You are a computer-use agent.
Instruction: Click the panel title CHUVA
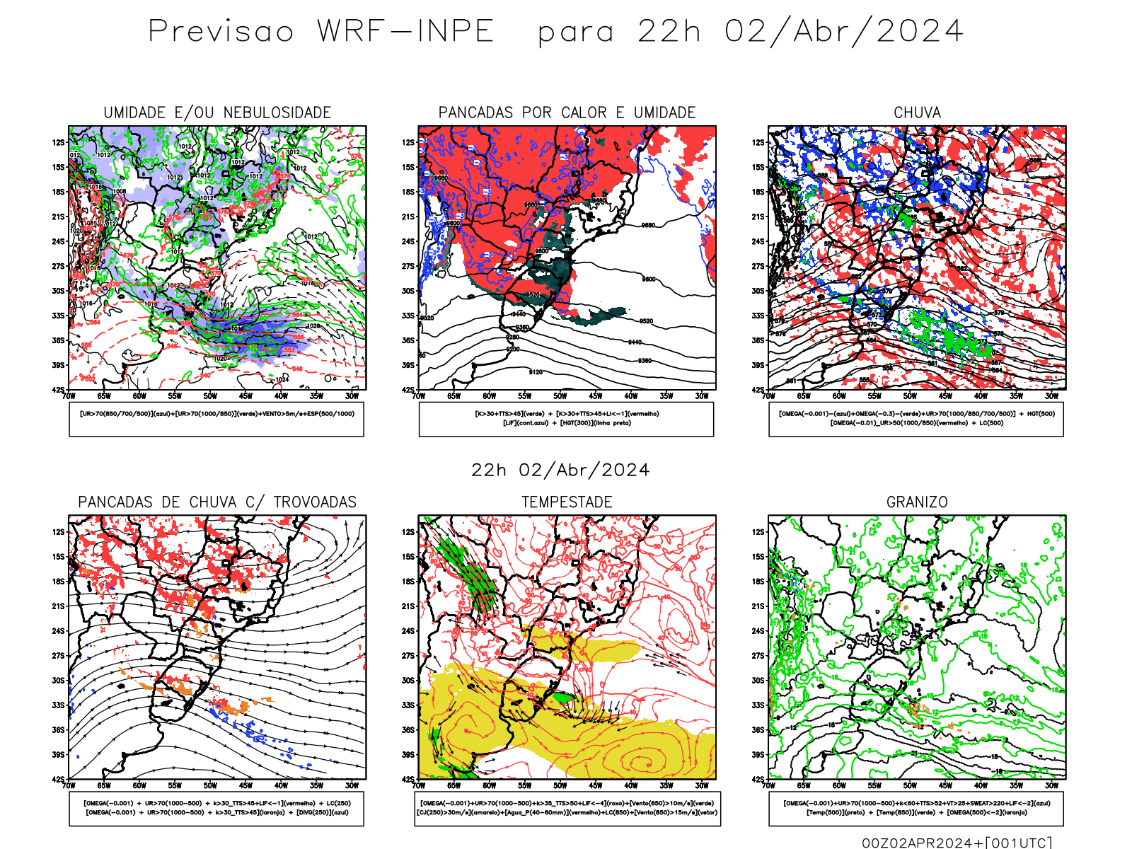(917, 112)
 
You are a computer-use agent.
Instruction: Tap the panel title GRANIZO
(917, 502)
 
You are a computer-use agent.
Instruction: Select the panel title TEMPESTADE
(567, 502)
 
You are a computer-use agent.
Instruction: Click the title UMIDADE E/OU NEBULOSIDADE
(217, 112)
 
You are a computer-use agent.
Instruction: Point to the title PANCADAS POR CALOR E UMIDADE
(567, 112)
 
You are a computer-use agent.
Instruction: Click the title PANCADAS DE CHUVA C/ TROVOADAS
(217, 502)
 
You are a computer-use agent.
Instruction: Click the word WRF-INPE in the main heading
(405, 32)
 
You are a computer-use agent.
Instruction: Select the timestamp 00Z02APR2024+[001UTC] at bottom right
(957, 843)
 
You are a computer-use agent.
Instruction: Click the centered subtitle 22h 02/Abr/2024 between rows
(560, 470)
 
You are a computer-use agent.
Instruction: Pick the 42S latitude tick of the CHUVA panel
(758, 390)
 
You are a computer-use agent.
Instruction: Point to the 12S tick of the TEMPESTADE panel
(408, 532)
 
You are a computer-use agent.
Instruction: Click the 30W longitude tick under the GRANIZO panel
(1052, 785)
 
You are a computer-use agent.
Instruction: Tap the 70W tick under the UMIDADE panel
(69, 396)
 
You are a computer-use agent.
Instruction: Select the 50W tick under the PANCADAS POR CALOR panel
(560, 396)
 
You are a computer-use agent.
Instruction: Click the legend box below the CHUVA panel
(916, 419)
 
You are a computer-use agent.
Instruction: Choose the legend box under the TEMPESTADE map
(567, 808)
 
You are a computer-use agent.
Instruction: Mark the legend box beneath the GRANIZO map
(916, 808)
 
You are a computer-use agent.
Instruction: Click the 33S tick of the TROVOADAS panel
(58, 705)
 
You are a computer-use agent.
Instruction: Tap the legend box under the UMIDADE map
(216, 419)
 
